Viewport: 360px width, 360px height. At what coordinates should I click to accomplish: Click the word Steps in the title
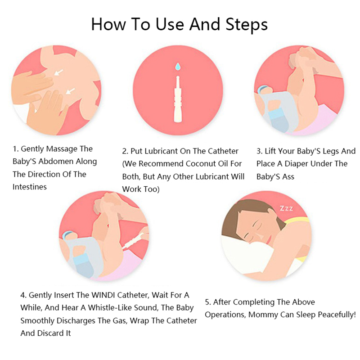point(246,24)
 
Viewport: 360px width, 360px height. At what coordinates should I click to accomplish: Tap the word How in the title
point(108,24)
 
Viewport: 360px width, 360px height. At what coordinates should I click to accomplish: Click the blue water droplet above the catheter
point(178,67)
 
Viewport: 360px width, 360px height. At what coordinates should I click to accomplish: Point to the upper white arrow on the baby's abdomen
point(58,72)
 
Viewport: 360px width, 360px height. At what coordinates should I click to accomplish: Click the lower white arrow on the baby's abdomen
point(70,91)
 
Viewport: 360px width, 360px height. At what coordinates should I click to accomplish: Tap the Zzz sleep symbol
point(286,208)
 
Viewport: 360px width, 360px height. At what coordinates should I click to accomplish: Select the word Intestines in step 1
point(30,187)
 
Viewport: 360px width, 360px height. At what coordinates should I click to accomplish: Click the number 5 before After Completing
point(207,302)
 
